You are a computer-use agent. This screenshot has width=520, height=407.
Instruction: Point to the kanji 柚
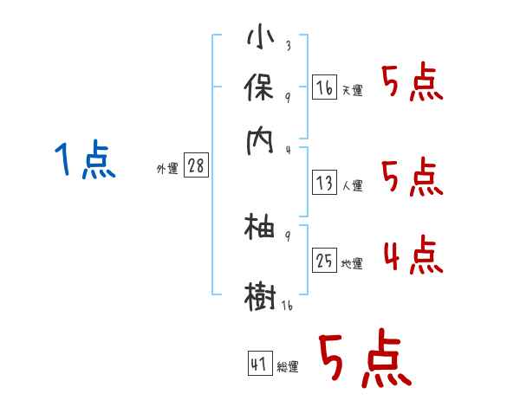pos(260,229)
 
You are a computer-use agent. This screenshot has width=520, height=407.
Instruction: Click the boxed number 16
pos(323,87)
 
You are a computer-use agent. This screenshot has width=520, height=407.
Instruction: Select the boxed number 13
pos(323,183)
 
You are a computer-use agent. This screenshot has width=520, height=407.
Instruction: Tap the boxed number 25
pos(323,261)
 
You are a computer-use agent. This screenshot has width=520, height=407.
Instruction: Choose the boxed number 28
pos(197,166)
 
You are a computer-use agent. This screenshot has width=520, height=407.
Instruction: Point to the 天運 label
pos(353,90)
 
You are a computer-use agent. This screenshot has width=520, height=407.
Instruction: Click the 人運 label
pos(353,185)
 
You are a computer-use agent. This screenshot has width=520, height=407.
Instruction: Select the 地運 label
pos(353,264)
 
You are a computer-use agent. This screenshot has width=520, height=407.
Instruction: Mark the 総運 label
pos(288,367)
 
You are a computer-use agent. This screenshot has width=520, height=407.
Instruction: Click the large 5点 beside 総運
pos(364,360)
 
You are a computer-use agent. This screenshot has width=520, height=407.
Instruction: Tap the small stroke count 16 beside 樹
pos(286,306)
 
